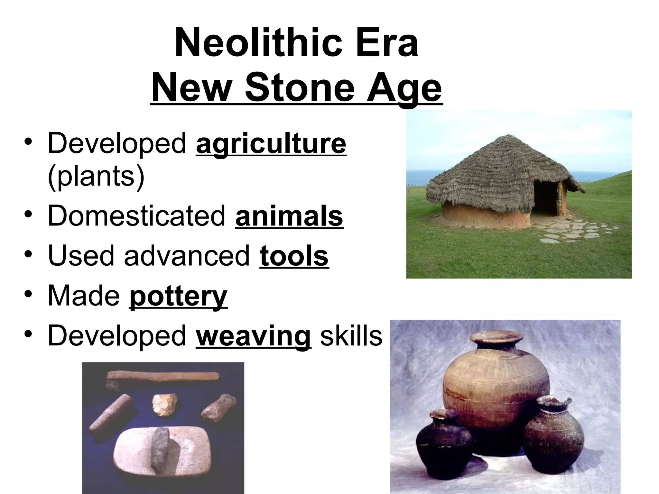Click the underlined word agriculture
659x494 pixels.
pos(271,144)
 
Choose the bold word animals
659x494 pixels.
pos(289,216)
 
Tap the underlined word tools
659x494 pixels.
pos(294,256)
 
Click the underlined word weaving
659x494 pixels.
pos(253,336)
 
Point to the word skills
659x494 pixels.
pos(351,336)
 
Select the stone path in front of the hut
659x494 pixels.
pos(576,230)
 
